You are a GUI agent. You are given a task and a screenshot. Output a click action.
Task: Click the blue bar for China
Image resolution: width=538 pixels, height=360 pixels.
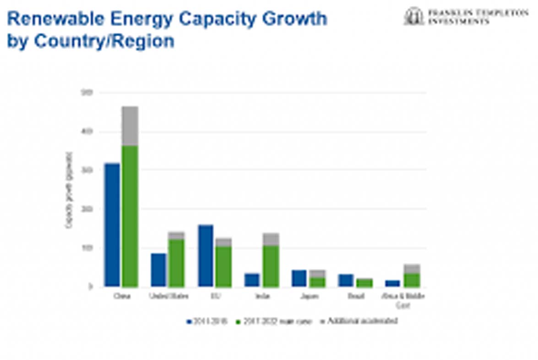(112, 225)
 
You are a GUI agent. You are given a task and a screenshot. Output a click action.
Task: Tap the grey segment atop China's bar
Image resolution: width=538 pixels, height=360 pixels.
(130, 126)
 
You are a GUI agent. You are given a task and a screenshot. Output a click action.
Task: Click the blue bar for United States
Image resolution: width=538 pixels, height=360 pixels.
(158, 270)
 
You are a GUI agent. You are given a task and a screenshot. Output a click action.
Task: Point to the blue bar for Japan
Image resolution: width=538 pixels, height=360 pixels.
(299, 278)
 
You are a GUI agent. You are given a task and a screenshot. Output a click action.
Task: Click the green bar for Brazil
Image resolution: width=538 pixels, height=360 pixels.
(364, 283)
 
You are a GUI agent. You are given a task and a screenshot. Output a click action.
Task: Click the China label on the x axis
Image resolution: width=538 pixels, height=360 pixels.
(122, 296)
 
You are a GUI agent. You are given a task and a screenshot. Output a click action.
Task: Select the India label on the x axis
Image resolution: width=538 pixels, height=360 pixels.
(262, 296)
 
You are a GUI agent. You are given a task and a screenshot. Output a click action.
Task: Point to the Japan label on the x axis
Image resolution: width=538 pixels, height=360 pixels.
(308, 296)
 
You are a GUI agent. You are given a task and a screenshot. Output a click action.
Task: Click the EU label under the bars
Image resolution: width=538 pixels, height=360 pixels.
(215, 296)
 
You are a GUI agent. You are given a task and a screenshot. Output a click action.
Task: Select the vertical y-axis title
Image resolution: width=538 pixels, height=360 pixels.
(69, 190)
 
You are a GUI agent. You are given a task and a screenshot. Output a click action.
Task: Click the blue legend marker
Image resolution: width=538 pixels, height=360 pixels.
(188, 322)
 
